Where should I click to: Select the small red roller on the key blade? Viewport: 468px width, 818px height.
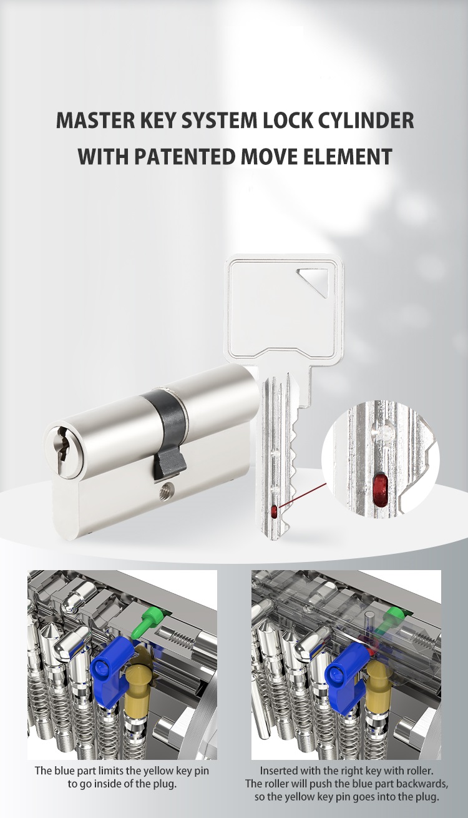point(275,512)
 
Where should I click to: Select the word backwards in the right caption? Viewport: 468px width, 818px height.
point(410,784)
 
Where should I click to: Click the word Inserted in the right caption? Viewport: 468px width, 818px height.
point(280,771)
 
